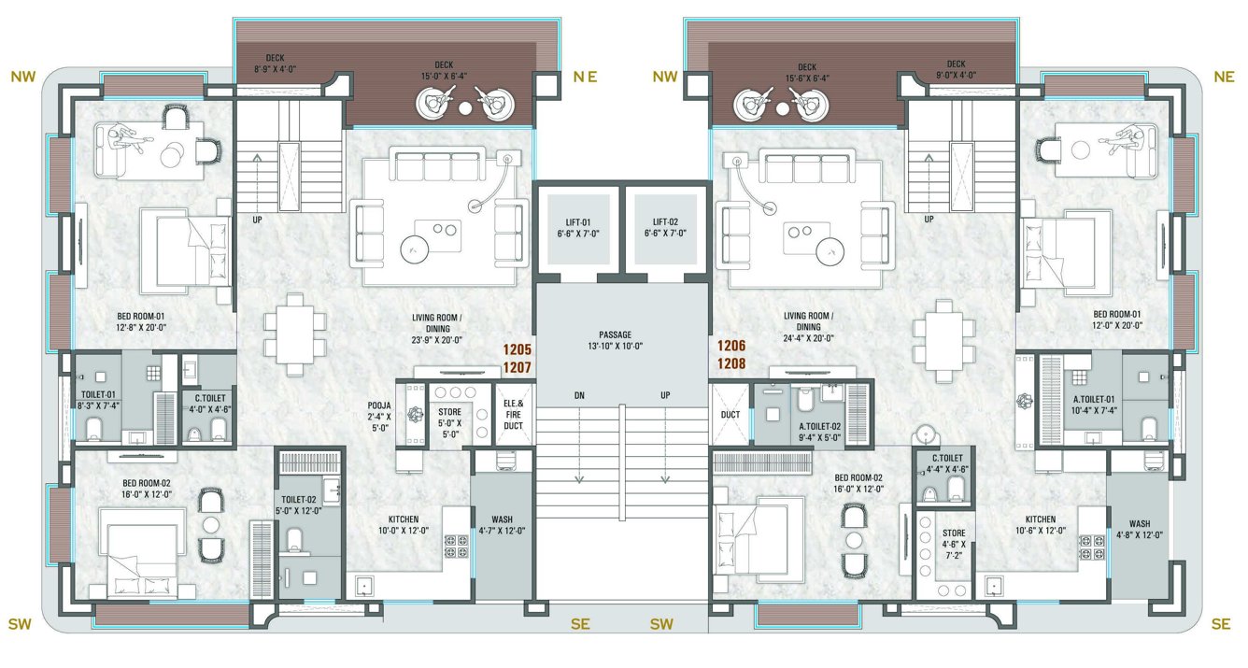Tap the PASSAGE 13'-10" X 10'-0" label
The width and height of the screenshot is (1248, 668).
click(617, 340)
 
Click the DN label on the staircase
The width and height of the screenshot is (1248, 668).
click(578, 395)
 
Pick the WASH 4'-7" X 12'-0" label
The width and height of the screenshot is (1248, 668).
click(503, 525)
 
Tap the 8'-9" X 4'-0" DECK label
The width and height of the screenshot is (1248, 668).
click(274, 64)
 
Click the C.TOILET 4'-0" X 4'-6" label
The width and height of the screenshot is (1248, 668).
click(206, 403)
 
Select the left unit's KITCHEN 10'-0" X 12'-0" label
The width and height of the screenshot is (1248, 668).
click(404, 525)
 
